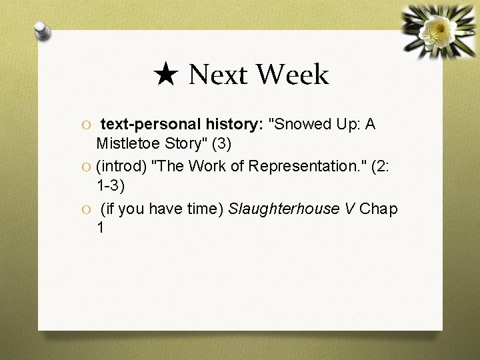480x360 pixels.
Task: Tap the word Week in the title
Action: [293, 75]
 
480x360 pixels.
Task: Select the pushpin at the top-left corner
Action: [43, 31]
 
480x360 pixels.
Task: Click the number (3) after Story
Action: [221, 143]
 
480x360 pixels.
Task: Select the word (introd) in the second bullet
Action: [123, 167]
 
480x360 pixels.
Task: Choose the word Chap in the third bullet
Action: [379, 209]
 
